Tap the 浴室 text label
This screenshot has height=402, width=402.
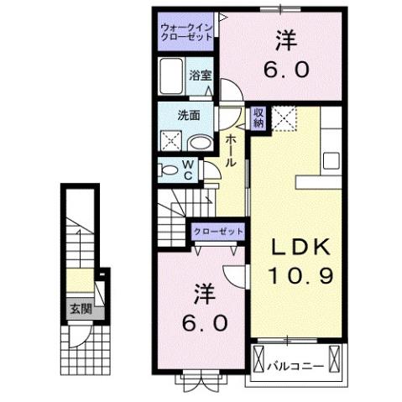(199, 75)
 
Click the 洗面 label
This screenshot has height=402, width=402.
(187, 116)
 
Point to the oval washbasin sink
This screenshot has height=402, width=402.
(197, 142)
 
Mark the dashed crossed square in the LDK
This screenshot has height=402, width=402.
(286, 118)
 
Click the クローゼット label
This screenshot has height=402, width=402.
(218, 231)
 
